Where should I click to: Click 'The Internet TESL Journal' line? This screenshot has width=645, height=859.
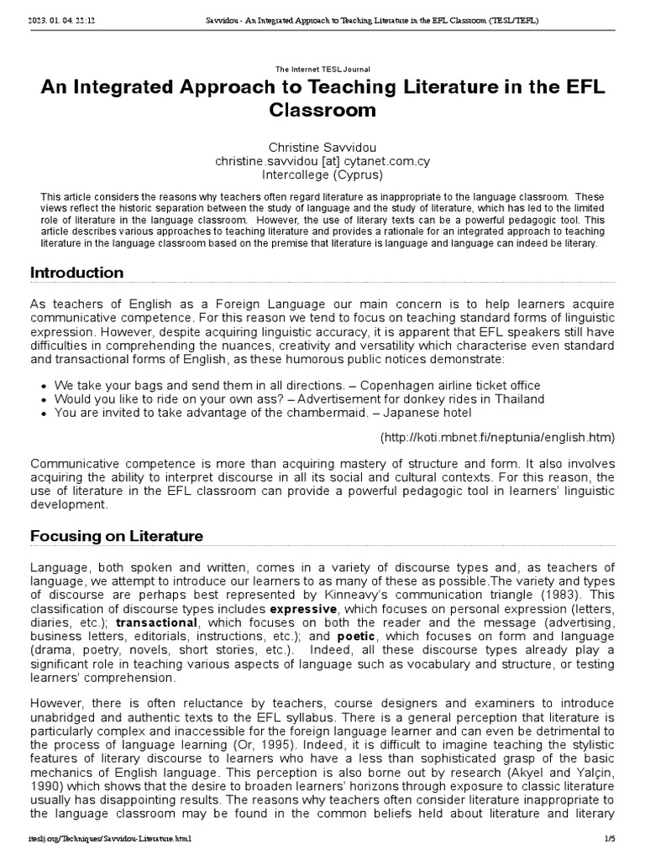(x=322, y=69)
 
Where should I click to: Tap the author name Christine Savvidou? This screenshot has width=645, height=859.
(x=322, y=147)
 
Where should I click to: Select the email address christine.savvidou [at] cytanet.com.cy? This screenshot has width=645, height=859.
(x=322, y=161)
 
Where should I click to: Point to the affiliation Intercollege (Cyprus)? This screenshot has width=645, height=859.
(x=322, y=175)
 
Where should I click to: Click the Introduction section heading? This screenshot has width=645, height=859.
(x=76, y=273)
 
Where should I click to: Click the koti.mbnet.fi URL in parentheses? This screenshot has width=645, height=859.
(x=497, y=437)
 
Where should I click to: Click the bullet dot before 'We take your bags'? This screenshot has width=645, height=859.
(x=44, y=385)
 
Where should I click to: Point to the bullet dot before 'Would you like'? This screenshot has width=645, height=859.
(x=44, y=399)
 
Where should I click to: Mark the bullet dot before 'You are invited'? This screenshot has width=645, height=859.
(x=44, y=414)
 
